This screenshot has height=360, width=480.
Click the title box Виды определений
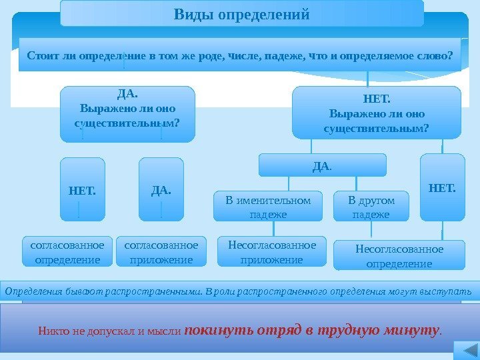[x=241, y=13]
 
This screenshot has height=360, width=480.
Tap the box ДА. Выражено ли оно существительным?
[x=127, y=113]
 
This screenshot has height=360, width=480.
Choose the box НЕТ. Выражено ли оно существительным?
[x=377, y=113]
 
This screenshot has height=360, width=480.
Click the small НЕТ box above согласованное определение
[x=82, y=189]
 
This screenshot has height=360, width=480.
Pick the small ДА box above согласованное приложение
[x=161, y=189]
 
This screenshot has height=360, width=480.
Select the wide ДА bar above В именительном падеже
[x=322, y=165]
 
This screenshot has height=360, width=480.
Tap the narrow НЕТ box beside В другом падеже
[x=442, y=187]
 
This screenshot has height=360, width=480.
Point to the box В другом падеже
[x=371, y=207]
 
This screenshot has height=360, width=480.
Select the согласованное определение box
[x=67, y=252]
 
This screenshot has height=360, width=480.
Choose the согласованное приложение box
[x=161, y=252]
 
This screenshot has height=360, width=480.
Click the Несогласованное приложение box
[x=272, y=252]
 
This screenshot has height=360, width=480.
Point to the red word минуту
[x=415, y=329]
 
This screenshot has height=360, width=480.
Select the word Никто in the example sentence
[x=51, y=331]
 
